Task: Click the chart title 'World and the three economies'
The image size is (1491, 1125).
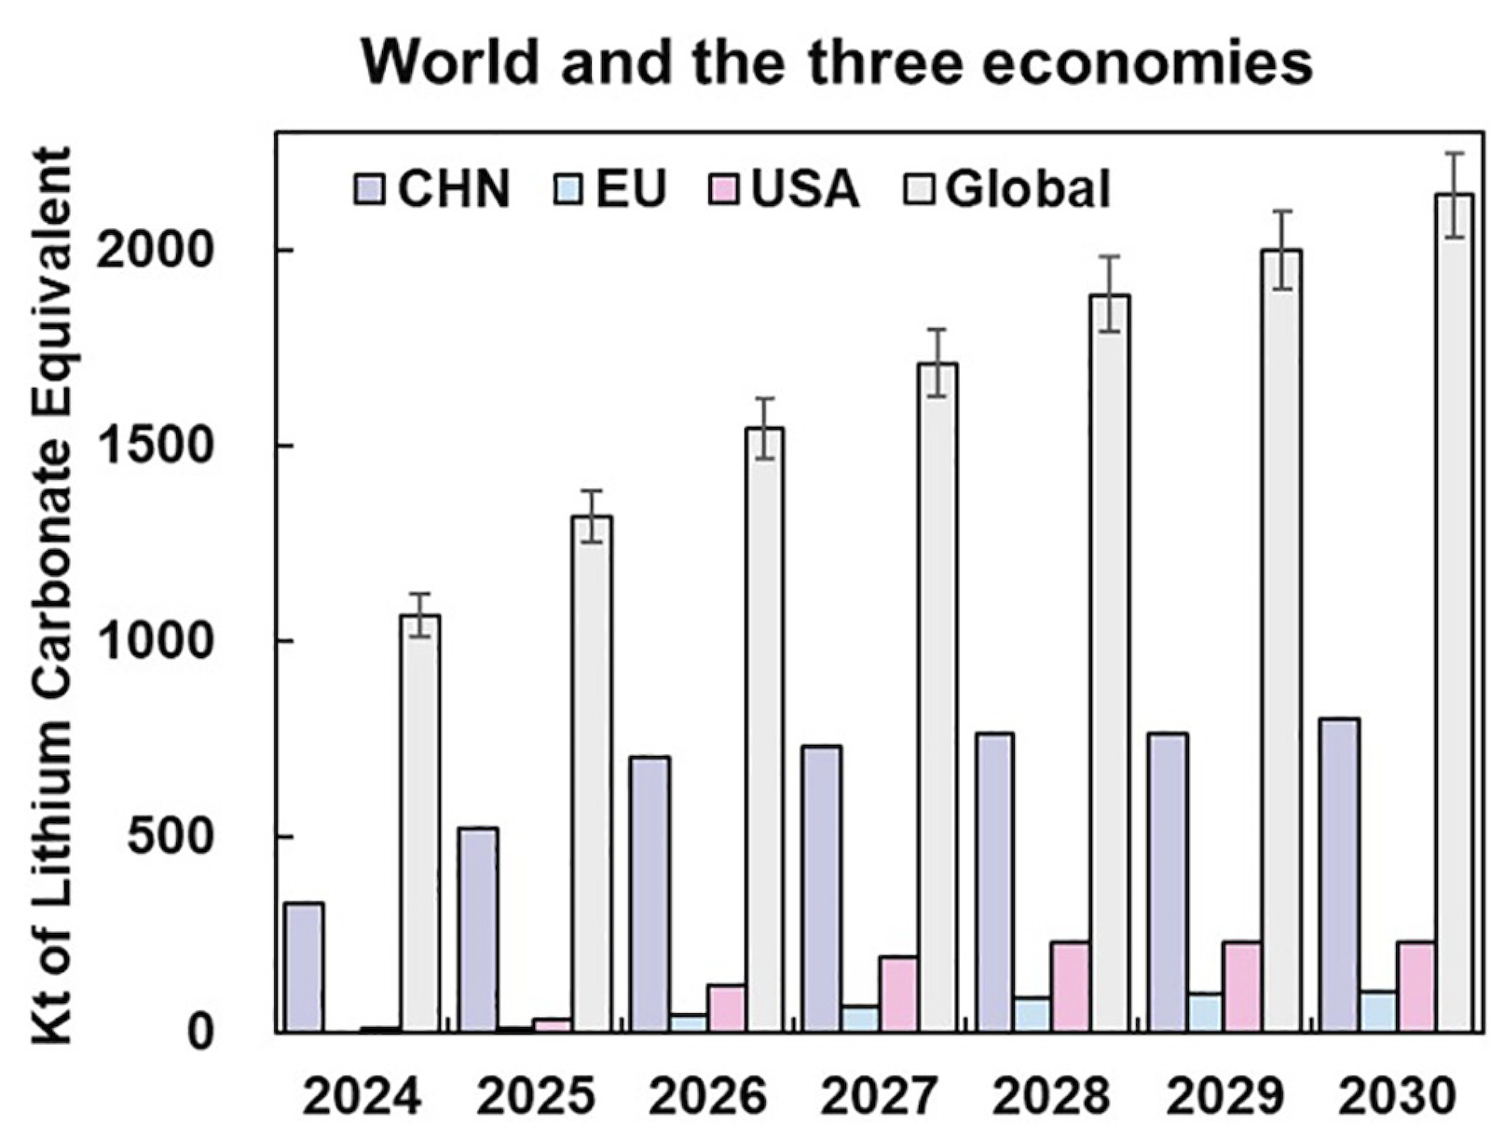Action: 836,62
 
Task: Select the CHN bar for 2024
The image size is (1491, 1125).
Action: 304,967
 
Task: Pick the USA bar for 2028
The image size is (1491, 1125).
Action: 1070,986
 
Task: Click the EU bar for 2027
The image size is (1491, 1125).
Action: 859,1018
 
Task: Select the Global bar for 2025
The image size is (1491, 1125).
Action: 592,773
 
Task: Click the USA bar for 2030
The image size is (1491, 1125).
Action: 1416,986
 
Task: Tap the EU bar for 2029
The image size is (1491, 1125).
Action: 1205,1011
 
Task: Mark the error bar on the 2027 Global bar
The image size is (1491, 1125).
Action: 937,363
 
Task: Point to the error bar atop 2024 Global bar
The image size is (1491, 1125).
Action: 419,614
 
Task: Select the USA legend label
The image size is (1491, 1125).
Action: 804,189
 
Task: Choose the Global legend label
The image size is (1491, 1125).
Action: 1027,189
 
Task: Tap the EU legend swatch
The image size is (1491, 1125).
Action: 570,190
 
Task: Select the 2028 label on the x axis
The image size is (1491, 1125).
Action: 1052,1096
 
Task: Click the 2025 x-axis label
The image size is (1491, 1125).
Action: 536,1096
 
